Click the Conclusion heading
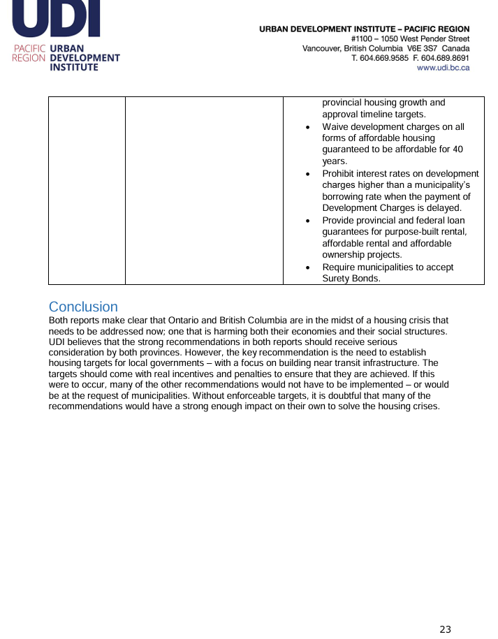pos(83,307)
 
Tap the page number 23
pos(445,629)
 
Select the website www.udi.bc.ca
pos(443,68)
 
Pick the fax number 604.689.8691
pos(446,58)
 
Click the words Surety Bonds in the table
pos(351,279)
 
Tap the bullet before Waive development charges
pos(308,128)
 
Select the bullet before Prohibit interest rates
pos(308,175)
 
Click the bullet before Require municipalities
pos(308,268)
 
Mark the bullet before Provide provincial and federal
pos(308,221)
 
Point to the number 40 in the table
pos(457,149)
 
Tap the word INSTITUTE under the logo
pos(73,67)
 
